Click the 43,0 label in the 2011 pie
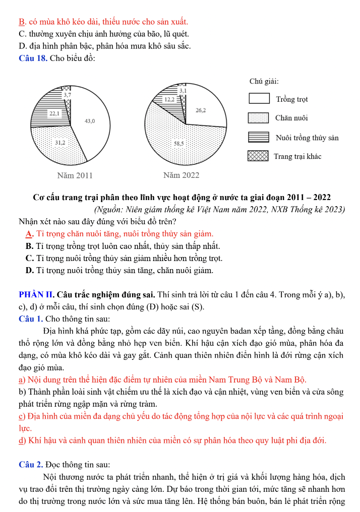[x=90, y=121]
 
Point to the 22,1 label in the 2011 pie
[x=54, y=114]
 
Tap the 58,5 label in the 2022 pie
[x=179, y=143]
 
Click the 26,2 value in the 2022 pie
[x=200, y=109]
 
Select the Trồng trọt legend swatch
[x=259, y=99]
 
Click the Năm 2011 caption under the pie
[x=75, y=175]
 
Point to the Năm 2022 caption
[x=182, y=175]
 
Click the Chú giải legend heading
[x=264, y=81]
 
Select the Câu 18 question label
[x=33, y=58]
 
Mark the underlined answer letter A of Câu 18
[x=29, y=233]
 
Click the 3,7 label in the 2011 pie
[x=67, y=94]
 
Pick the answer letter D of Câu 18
[x=29, y=271]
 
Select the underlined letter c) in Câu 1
[x=22, y=416]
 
